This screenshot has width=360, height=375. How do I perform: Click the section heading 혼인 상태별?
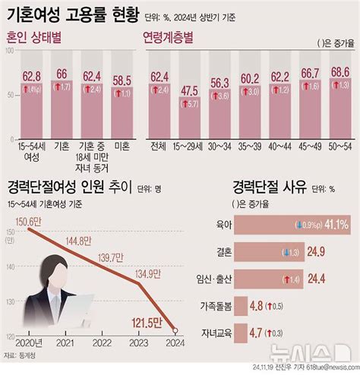click(x=38, y=38)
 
